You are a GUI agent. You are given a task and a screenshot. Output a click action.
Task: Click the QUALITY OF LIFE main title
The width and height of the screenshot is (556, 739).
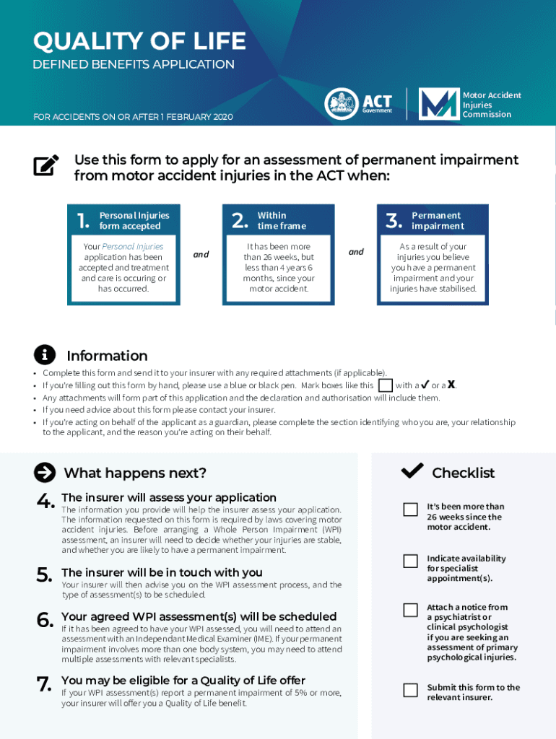(139, 41)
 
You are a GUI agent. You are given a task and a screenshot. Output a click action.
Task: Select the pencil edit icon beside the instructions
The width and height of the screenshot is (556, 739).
(46, 165)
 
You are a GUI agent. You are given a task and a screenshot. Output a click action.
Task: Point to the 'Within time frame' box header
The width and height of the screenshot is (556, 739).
(281, 221)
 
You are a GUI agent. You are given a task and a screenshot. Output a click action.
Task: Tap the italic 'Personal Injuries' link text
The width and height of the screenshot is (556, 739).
(133, 247)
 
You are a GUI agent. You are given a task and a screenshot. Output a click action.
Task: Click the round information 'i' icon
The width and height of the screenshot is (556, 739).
(45, 355)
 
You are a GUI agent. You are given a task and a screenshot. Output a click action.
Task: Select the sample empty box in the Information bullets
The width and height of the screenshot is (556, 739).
(386, 385)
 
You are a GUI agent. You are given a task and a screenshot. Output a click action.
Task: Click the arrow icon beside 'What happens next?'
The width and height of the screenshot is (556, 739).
(45, 473)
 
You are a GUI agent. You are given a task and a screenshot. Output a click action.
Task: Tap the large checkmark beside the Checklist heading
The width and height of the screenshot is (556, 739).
(412, 471)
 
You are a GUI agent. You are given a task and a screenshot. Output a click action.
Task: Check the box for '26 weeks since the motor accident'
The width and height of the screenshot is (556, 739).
(410, 510)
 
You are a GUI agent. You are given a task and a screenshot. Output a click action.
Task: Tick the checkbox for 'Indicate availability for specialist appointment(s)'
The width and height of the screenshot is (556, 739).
(410, 561)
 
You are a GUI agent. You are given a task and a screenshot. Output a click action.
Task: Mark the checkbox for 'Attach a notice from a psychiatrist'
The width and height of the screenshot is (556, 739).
(410, 610)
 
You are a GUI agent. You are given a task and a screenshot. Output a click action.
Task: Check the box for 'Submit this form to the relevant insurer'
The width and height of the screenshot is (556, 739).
(410, 690)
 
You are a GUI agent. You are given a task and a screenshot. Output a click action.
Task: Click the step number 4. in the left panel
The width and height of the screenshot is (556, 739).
(45, 500)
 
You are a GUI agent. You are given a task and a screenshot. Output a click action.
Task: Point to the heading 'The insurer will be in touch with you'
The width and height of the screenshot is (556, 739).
(162, 572)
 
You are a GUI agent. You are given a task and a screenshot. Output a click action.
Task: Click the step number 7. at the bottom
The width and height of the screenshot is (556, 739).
(45, 683)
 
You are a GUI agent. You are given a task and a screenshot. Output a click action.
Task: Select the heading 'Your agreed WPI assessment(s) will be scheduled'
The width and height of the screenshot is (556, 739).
(199, 616)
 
